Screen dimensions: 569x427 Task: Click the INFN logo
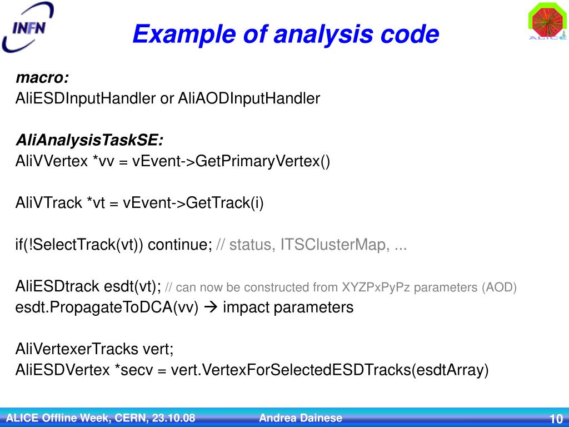tap(28, 27)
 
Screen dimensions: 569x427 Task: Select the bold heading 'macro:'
tap(42, 77)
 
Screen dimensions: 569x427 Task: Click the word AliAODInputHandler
tap(249, 99)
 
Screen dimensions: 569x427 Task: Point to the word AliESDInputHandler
tap(86, 99)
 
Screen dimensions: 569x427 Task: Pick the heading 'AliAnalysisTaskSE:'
tap(89, 140)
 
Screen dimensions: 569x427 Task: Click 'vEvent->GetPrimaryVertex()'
tap(231, 161)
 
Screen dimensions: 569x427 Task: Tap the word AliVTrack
tap(49, 203)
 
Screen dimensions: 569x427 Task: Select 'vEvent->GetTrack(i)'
tap(193, 203)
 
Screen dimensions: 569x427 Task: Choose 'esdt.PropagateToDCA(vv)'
tap(107, 307)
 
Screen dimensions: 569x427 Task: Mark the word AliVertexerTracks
tap(77, 349)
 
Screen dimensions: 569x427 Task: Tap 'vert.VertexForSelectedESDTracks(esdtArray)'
tap(330, 370)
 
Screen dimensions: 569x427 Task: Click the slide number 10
tap(556, 419)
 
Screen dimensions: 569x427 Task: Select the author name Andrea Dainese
tap(301, 418)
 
